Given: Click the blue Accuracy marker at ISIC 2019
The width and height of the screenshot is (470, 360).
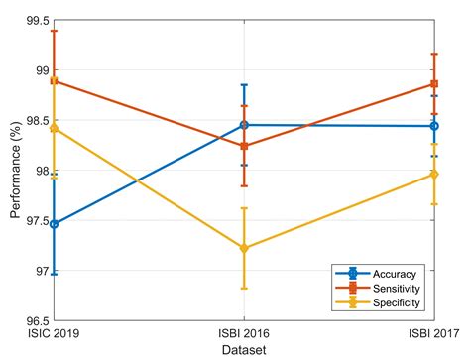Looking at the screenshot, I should click(54, 224).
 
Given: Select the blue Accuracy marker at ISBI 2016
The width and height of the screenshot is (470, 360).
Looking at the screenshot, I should click(244, 125).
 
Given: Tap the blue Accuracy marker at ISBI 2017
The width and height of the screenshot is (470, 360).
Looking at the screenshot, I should click(434, 126).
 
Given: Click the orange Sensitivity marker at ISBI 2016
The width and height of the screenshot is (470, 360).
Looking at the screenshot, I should click(244, 146).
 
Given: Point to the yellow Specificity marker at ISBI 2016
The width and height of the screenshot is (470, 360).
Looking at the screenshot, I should click(244, 248).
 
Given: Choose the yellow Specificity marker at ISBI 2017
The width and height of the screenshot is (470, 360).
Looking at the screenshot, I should click(434, 175).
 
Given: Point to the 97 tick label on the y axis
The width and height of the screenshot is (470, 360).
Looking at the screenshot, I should click(40, 271).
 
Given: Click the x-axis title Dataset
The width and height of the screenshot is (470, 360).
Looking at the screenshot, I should click(244, 350).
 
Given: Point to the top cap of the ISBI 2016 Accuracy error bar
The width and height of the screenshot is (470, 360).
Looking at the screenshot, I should click(244, 85).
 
